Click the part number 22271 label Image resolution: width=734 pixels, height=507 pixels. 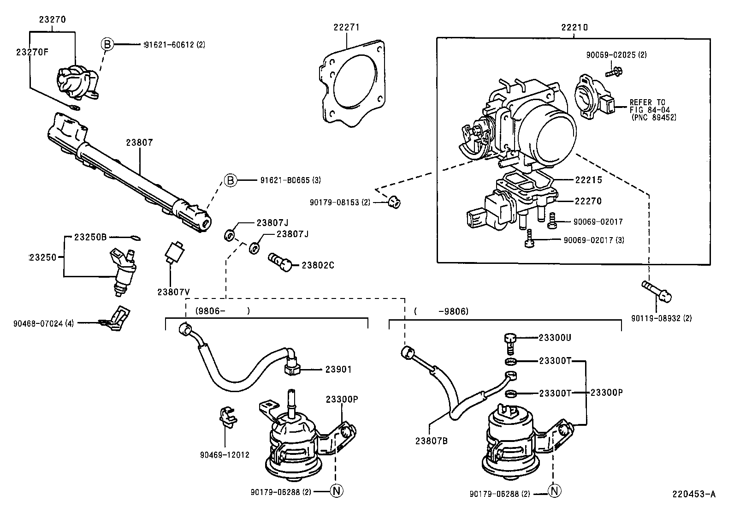pos(346,27)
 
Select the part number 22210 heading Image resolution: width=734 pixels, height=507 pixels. pos(574,27)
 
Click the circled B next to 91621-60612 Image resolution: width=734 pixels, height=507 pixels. pos(107,44)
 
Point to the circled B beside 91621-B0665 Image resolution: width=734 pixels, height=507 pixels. pos(230,180)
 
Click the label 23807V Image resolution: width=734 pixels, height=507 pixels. pos(173,292)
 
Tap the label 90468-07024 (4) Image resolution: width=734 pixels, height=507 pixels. pos(43,323)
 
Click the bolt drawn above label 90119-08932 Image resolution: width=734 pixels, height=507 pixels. pos(657,291)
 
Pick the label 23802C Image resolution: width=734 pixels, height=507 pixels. pos(318,265)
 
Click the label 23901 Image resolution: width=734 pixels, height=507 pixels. pos(338,369)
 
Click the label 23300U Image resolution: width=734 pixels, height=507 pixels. pos(555,338)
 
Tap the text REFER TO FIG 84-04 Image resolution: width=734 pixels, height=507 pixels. pos(650,106)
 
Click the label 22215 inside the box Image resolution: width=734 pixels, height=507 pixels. pos(588,180)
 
